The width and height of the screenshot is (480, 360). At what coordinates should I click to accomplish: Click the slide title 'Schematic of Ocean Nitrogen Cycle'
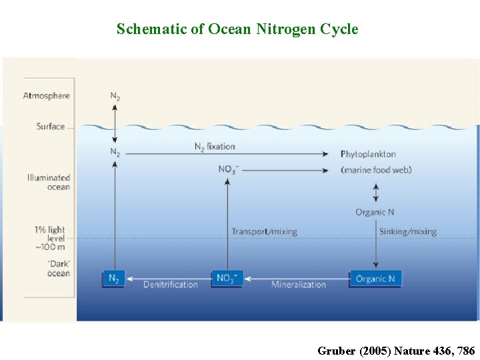pyautogui.click(x=237, y=29)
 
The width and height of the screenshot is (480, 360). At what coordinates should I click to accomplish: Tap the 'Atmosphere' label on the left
pyautogui.click(x=47, y=96)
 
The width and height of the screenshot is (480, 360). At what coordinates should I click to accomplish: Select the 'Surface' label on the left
pyautogui.click(x=51, y=126)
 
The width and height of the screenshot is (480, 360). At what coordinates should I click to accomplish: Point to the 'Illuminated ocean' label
pyautogui.click(x=48, y=182)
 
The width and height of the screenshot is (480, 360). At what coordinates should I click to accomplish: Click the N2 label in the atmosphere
pyautogui.click(x=115, y=96)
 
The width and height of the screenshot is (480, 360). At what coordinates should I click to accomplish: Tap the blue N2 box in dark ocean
pyautogui.click(x=114, y=279)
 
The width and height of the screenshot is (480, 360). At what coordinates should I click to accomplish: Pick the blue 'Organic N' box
pyautogui.click(x=376, y=279)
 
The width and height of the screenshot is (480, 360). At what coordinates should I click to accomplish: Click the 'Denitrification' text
pyautogui.click(x=171, y=285)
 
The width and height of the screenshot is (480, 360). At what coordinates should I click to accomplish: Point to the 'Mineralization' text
pyautogui.click(x=298, y=285)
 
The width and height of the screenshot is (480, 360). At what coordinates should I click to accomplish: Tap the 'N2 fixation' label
pyautogui.click(x=215, y=146)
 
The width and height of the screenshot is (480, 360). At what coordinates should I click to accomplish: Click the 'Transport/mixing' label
pyautogui.click(x=264, y=231)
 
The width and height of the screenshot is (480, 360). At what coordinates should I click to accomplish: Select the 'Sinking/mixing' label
pyautogui.click(x=407, y=231)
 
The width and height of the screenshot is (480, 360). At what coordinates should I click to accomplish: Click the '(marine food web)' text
pyautogui.click(x=376, y=170)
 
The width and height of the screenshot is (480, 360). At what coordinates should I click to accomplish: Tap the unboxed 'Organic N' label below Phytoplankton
pyautogui.click(x=375, y=212)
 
